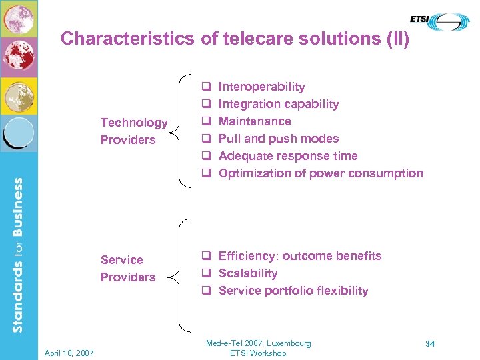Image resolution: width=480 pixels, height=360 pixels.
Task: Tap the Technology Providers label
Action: (x=133, y=131)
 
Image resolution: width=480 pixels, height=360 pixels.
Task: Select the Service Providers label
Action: (x=127, y=269)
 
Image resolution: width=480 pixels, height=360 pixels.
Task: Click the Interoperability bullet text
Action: (x=261, y=87)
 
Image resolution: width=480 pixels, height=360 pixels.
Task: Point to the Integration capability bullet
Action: (x=278, y=104)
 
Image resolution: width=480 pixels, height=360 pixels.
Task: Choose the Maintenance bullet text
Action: (x=255, y=121)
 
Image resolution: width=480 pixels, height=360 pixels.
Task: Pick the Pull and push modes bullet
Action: (x=278, y=139)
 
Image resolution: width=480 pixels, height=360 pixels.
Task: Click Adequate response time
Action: (x=287, y=156)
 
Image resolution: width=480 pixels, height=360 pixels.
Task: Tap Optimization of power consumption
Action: (x=320, y=173)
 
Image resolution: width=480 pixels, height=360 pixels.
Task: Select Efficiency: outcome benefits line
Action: (x=299, y=256)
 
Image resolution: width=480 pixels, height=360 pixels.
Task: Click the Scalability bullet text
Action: (x=247, y=273)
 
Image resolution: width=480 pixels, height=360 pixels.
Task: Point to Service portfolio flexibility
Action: (x=293, y=291)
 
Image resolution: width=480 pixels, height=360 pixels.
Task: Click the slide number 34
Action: (x=430, y=344)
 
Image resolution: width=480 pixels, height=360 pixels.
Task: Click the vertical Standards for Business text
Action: (x=18, y=254)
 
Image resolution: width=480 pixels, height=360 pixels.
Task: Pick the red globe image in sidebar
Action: (x=19, y=57)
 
